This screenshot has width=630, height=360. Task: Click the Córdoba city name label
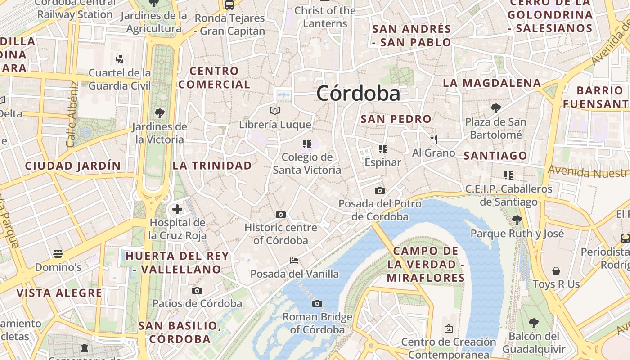pyautogui.click(x=358, y=94)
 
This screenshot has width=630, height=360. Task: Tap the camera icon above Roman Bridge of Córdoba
pyautogui.click(x=317, y=304)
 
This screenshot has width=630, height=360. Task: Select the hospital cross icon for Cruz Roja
pyautogui.click(x=177, y=209)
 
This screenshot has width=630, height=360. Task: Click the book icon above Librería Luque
pyautogui.click(x=275, y=111)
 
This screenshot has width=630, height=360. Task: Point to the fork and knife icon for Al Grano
pyautogui.click(x=434, y=139)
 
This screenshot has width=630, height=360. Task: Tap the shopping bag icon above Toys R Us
pyautogui.click(x=556, y=271)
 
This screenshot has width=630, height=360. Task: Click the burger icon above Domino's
pyautogui.click(x=58, y=254)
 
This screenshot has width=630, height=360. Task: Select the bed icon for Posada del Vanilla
pyautogui.click(x=294, y=261)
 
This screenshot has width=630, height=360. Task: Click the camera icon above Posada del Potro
pyautogui.click(x=380, y=190)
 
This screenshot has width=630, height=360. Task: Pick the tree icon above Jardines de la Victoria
pyautogui.click(x=159, y=113)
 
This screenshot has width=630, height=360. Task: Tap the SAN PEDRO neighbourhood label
pyautogui.click(x=396, y=119)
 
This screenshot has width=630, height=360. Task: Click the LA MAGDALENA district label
pyautogui.click(x=492, y=83)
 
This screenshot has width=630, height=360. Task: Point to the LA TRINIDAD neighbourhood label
pyautogui.click(x=212, y=166)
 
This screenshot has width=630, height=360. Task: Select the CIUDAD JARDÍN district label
pyautogui.click(x=73, y=166)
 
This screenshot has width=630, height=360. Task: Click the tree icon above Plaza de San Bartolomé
pyautogui.click(x=495, y=108)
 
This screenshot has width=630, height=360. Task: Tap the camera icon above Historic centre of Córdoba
pyautogui.click(x=281, y=215)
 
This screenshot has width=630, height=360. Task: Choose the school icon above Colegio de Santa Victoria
pyautogui.click(x=307, y=144)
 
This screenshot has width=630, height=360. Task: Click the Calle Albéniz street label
pyautogui.click(x=72, y=114)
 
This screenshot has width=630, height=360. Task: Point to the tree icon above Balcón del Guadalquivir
pyautogui.click(x=534, y=323)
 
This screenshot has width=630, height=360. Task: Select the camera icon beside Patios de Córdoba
pyautogui.click(x=197, y=291)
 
